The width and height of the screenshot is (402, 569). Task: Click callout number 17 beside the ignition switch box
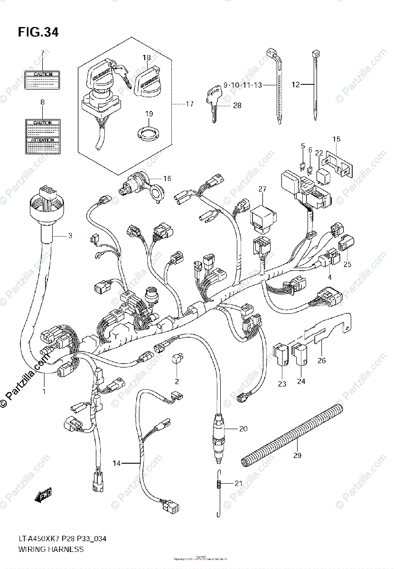pyautogui.click(x=189, y=104)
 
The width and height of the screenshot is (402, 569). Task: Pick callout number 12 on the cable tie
pyautogui.click(x=296, y=85)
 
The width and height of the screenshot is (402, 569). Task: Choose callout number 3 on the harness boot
pyautogui.click(x=70, y=235)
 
